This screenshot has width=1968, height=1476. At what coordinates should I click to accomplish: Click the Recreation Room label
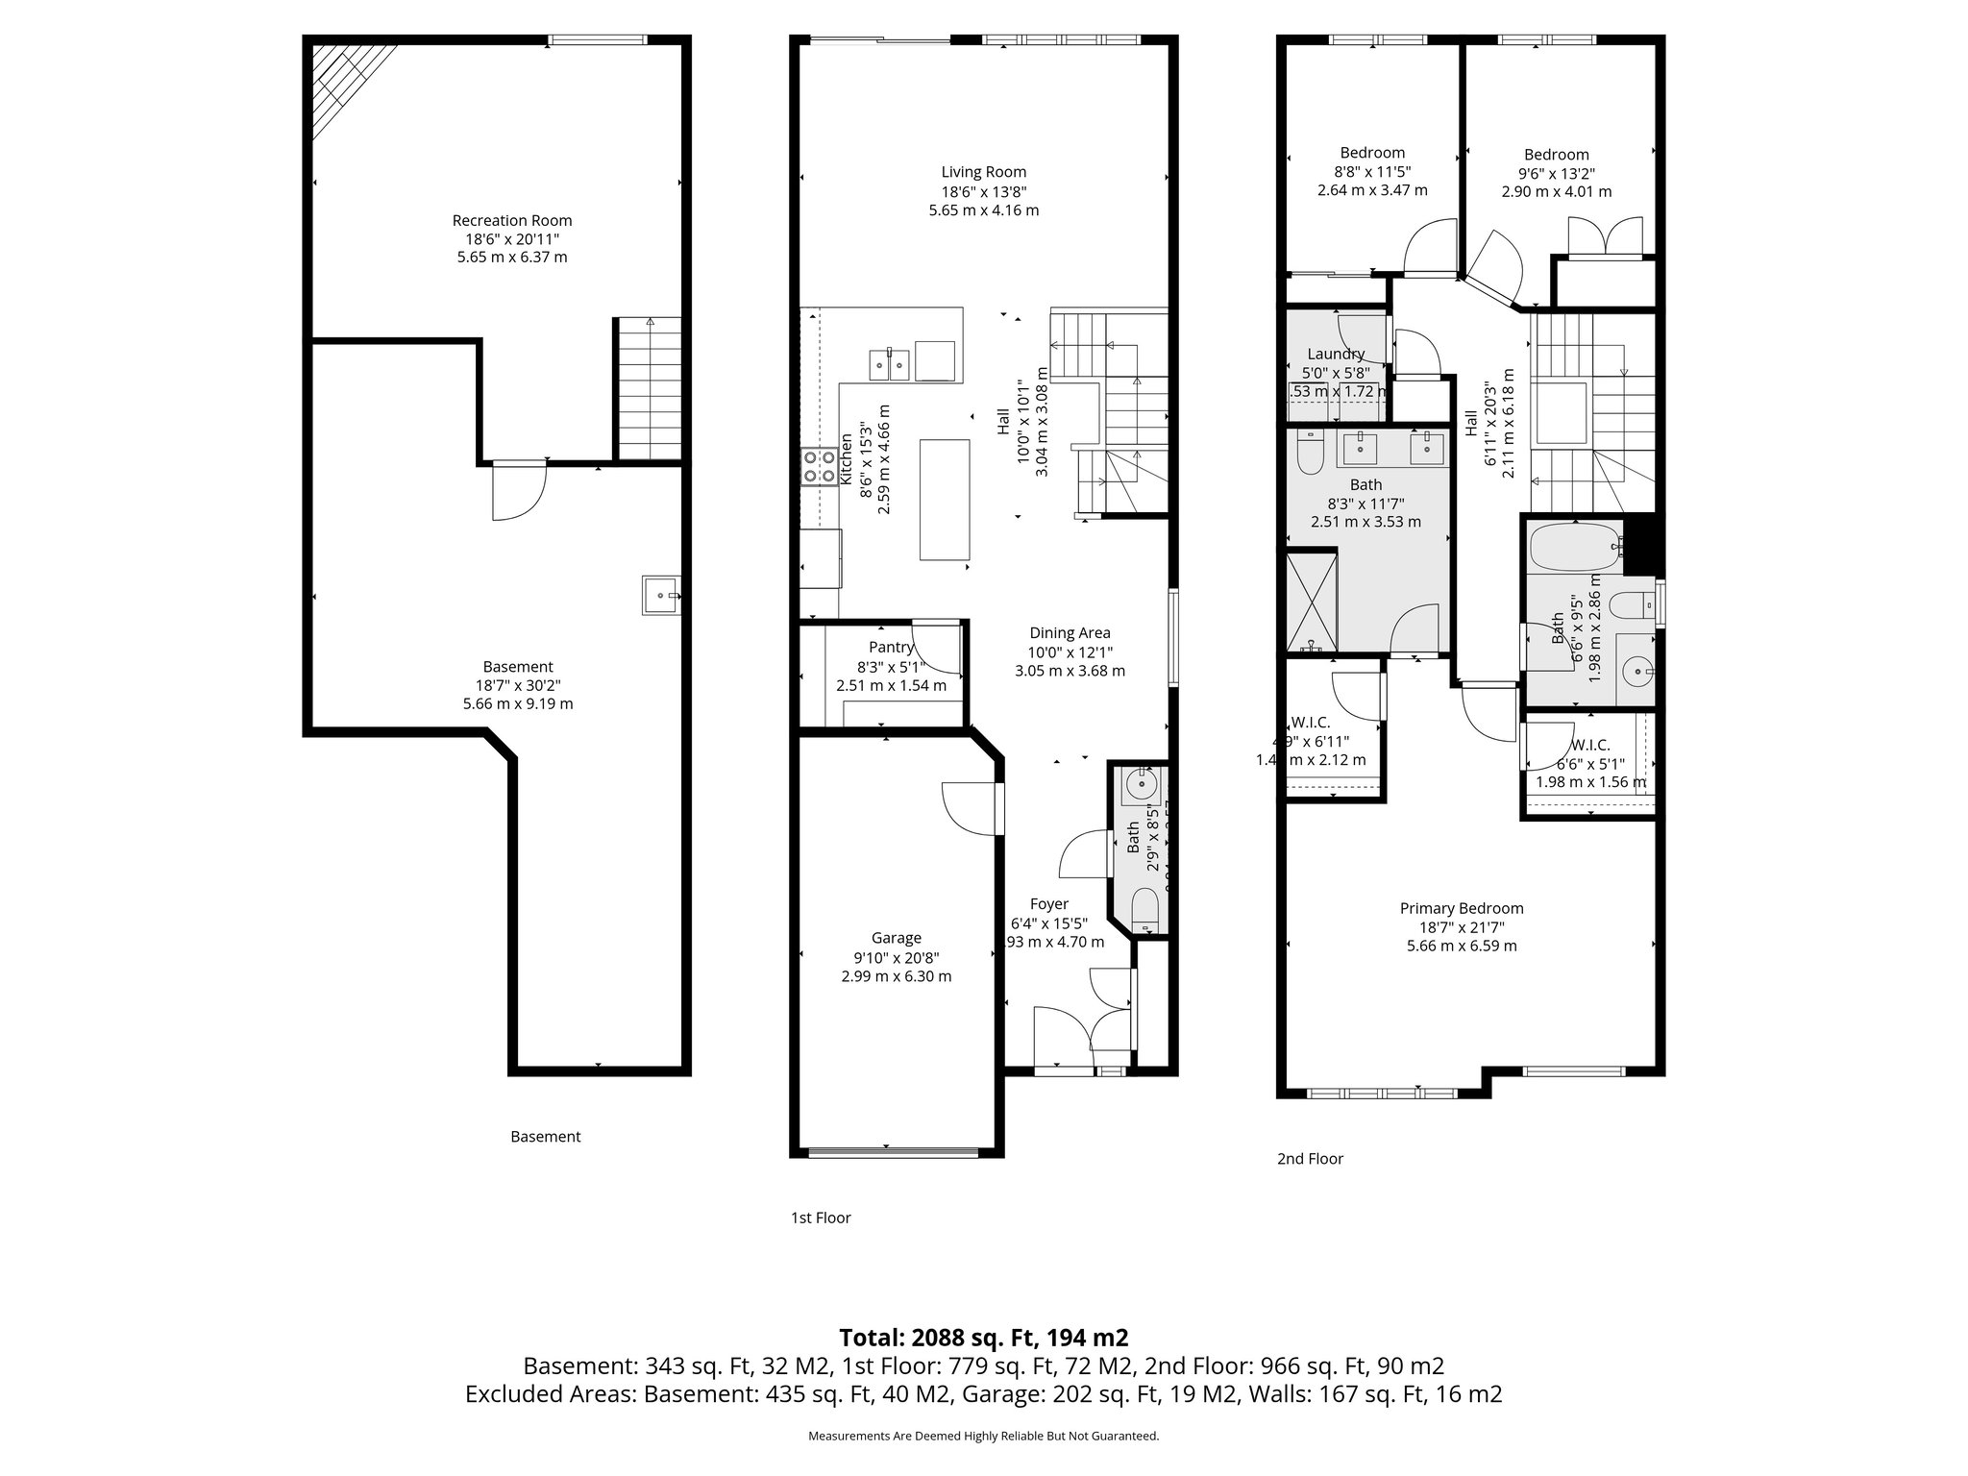pyautogui.click(x=511, y=220)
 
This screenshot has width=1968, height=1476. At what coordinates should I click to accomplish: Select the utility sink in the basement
pyautogui.click(x=661, y=596)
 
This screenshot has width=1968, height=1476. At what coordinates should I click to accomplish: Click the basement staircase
pyautogui.click(x=649, y=389)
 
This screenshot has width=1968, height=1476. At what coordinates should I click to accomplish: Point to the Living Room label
pyautogui.click(x=983, y=172)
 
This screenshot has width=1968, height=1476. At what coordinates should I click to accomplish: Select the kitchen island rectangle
pyautogui.click(x=945, y=499)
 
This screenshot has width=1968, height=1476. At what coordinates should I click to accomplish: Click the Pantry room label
pyautogui.click(x=891, y=647)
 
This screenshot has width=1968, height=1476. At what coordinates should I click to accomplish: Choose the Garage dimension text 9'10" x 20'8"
pyautogui.click(x=896, y=957)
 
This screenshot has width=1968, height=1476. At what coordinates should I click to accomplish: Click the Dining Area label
pyautogui.click(x=1070, y=632)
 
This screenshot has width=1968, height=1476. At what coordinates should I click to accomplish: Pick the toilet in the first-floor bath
pyautogui.click(x=1144, y=908)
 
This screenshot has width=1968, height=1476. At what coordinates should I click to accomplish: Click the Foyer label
pyautogui.click(x=1048, y=903)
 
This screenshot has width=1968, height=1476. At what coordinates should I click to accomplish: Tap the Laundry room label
pyautogui.click(x=1335, y=354)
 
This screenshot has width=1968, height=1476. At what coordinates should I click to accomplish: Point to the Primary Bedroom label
pyautogui.click(x=1461, y=908)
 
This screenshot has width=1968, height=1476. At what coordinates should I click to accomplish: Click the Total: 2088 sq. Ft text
pyautogui.click(x=983, y=1337)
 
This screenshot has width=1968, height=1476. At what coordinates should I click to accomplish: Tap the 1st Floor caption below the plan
pyautogui.click(x=821, y=1218)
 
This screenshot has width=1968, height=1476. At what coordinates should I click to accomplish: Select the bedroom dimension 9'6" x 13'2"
pyautogui.click(x=1556, y=173)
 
